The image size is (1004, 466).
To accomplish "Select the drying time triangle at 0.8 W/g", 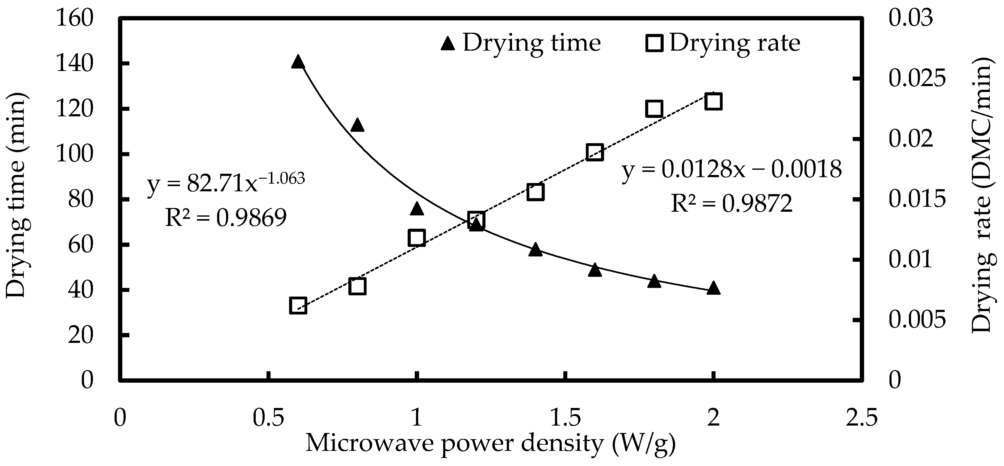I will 357,126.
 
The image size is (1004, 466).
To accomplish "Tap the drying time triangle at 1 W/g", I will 417,209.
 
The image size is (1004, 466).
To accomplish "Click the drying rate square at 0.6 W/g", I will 298,306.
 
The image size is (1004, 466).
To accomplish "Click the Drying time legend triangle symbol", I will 448,43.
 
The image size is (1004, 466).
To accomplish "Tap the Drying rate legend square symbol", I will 654,43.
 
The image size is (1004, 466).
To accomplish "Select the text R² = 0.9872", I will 732,203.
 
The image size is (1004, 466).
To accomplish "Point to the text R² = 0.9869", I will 226,218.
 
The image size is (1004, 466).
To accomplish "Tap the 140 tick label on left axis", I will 75,64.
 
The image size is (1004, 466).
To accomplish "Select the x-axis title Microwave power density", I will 490,444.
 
